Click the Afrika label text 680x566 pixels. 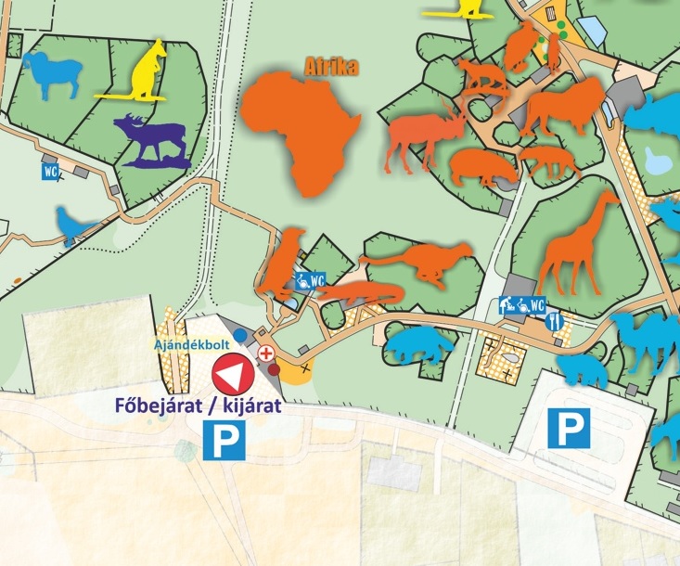[x=331, y=67]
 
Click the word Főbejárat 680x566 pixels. [x=150, y=405]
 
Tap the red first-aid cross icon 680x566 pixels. [x=266, y=354]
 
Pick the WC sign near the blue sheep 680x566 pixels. [x=51, y=171]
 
